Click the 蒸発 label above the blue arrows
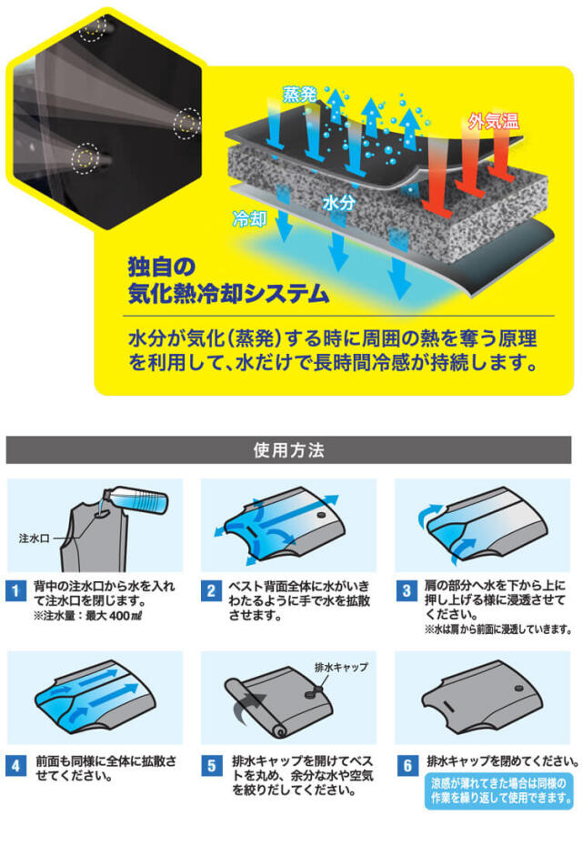299,95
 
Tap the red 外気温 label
493,120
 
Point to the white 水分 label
338,204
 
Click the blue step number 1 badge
15,590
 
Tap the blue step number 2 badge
211,590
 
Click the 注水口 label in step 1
35,539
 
